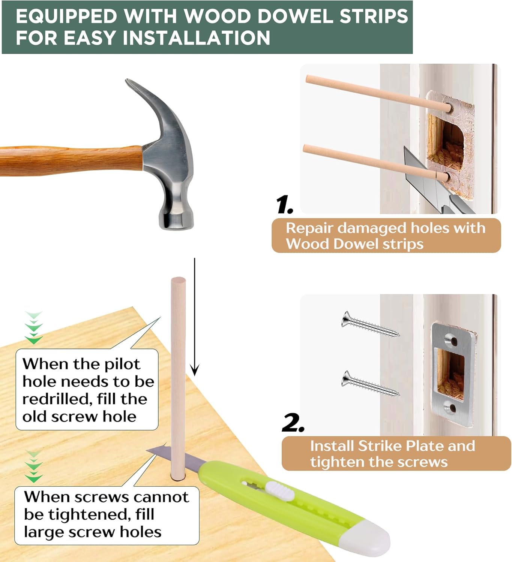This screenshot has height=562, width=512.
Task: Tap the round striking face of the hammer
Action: pyautogui.click(x=176, y=221)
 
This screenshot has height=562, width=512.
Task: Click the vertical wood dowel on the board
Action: pyautogui.click(x=178, y=375)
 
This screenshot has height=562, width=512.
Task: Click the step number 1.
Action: pyautogui.click(x=284, y=205)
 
